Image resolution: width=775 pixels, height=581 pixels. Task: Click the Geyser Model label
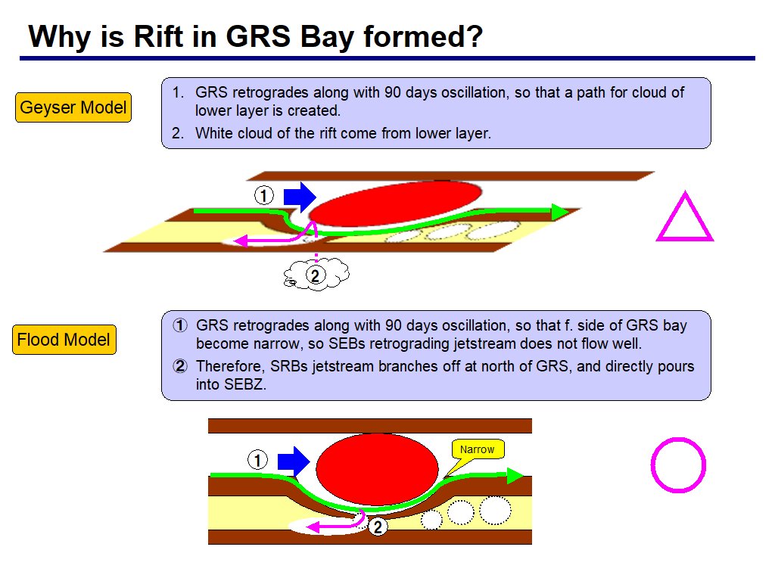pos(73,107)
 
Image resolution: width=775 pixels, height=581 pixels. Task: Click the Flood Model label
pos(64,340)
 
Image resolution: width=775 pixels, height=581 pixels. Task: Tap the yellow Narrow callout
pos(478,449)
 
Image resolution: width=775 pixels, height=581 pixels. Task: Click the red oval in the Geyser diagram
pos(395,203)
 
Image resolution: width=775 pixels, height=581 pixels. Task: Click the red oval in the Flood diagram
pos(377,469)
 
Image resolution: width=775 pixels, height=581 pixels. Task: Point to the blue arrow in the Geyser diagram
pos(300,197)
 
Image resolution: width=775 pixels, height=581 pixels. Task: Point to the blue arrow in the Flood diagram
pos(294,462)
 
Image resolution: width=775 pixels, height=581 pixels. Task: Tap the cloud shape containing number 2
pos(316,275)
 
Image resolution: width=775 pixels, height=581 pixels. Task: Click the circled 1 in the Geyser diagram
pos(264,195)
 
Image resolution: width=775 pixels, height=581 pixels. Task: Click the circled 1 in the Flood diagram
pos(257,461)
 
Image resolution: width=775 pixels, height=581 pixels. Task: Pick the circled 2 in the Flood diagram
pos(378,527)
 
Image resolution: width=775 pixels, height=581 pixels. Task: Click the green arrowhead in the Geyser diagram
pos(560,212)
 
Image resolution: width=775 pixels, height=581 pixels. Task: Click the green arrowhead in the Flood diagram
pos(515,475)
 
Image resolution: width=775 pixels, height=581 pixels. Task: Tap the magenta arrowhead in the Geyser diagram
pos(241,241)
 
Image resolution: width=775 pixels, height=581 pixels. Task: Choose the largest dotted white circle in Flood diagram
pos(495,510)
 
